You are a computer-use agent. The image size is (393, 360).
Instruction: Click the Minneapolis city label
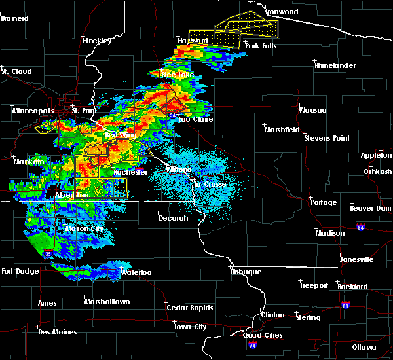(x=33, y=111)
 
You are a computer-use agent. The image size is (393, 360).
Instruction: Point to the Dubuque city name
(x=246, y=272)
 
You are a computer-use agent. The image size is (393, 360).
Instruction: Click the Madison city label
(x=329, y=233)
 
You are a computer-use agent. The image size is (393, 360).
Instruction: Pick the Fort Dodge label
(x=20, y=271)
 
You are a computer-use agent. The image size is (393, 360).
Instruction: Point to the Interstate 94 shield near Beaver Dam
(x=361, y=227)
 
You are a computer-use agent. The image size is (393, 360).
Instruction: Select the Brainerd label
(x=14, y=18)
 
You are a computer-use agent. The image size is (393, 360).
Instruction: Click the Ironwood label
(x=282, y=12)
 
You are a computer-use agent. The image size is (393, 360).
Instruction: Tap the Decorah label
(x=174, y=218)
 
